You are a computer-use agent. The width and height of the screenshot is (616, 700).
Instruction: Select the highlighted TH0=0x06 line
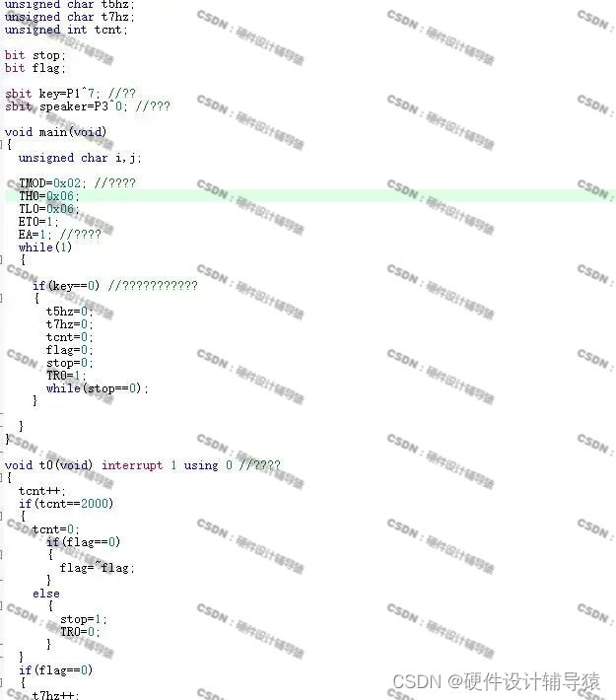(x=47, y=195)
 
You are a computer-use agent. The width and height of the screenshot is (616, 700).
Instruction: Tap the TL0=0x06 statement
(x=47, y=208)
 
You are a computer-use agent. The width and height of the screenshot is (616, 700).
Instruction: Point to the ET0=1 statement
(x=39, y=221)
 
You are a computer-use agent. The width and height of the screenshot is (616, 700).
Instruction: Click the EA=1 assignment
(x=36, y=235)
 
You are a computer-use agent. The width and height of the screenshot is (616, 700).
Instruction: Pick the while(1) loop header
(x=45, y=247)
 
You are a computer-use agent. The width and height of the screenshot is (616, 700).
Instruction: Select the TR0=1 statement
(x=67, y=376)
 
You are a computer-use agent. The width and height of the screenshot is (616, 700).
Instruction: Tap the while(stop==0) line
(x=97, y=388)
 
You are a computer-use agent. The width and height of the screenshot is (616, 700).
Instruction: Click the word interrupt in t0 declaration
(x=132, y=465)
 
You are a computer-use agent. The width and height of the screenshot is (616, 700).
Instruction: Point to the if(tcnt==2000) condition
(x=66, y=504)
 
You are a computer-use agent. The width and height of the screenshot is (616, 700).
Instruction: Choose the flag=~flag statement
(x=97, y=568)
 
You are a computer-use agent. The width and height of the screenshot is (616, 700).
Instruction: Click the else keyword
(x=45, y=594)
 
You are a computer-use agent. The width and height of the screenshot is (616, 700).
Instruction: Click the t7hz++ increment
(x=52, y=694)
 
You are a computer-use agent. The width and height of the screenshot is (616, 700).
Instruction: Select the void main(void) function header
(x=55, y=131)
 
